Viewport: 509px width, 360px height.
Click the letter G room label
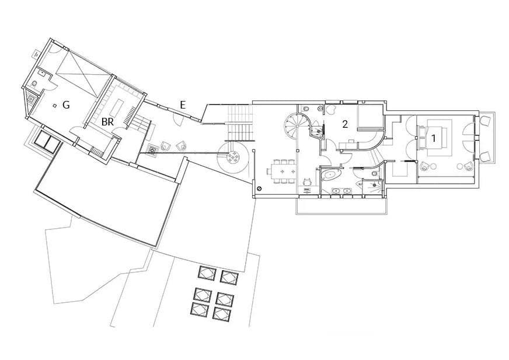coord(66,105)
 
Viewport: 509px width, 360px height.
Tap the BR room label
coord(107,122)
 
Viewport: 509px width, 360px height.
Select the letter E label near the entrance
coord(183,105)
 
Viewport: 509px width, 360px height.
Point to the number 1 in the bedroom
coord(433,138)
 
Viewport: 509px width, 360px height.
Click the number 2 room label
coord(345,124)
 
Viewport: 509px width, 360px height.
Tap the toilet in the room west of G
coord(34,84)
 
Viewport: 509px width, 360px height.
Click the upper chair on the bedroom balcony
coord(484,123)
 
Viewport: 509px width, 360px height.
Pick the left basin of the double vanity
coord(336,191)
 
